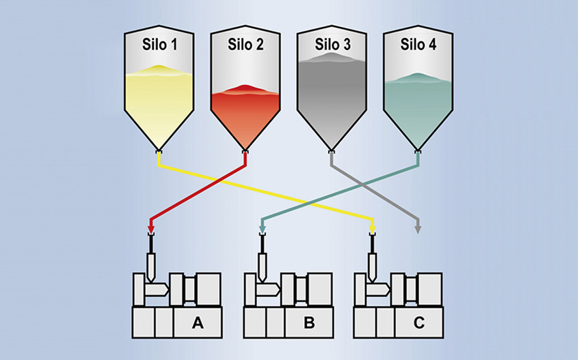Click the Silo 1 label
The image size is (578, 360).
(159, 45)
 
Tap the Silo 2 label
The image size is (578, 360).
(245, 45)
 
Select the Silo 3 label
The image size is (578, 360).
(332, 45)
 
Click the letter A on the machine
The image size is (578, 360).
(197, 323)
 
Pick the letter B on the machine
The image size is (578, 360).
(309, 323)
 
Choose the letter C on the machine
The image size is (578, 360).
(419, 323)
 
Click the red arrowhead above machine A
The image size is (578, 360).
(152, 227)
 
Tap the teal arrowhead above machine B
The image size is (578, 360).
(262, 227)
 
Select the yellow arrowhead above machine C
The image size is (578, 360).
(372, 227)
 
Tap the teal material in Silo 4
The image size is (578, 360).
(418, 104)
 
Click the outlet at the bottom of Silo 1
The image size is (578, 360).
(158, 151)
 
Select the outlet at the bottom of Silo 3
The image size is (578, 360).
(331, 151)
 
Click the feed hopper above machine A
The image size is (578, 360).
(152, 264)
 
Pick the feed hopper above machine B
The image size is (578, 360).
(262, 264)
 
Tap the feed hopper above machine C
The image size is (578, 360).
(372, 264)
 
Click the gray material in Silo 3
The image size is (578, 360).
(332, 93)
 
